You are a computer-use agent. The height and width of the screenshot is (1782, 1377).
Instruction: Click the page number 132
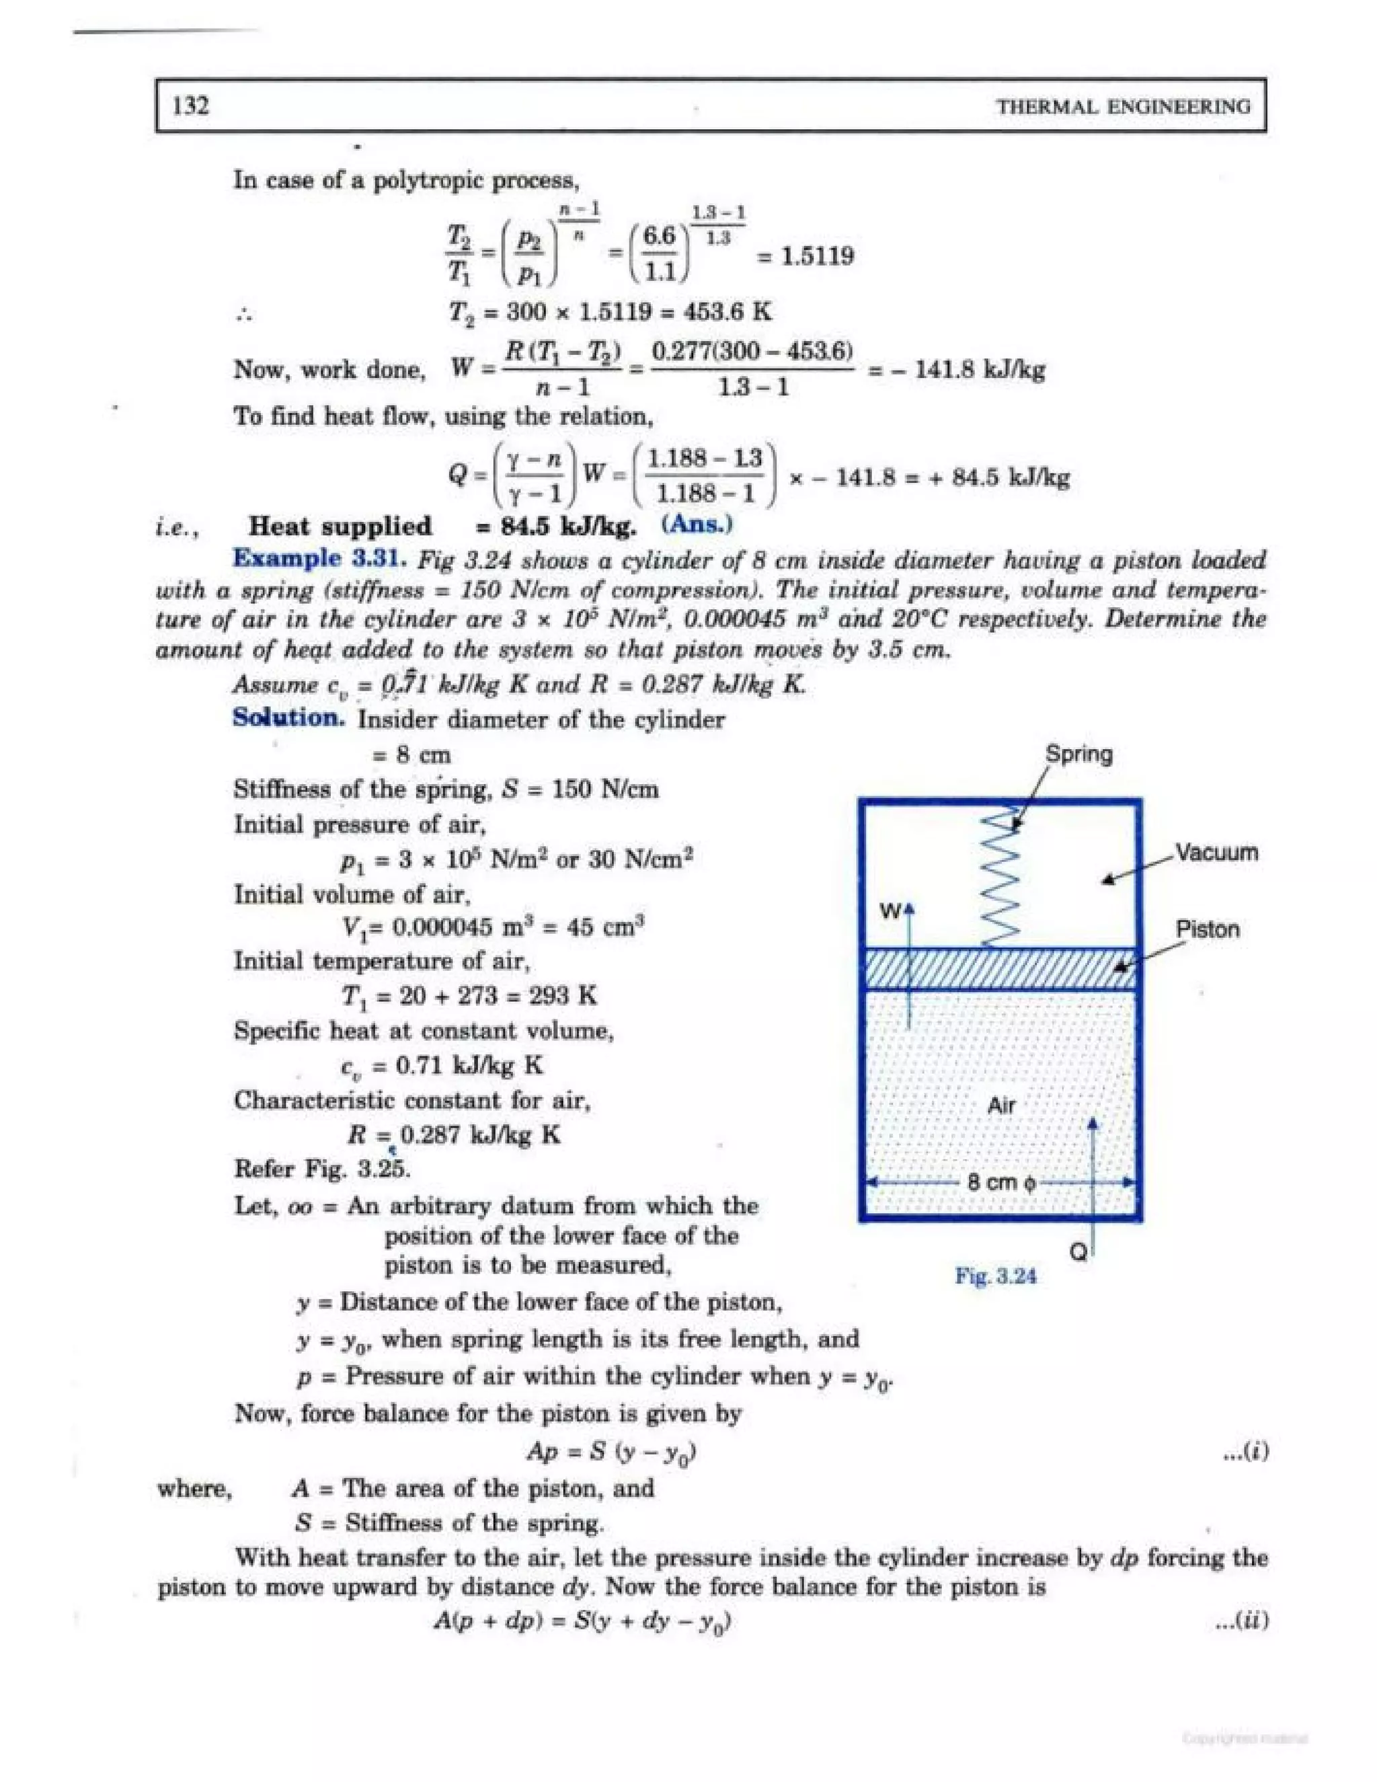tap(191, 106)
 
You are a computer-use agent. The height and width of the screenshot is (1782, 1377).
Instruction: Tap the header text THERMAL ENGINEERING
tap(1124, 107)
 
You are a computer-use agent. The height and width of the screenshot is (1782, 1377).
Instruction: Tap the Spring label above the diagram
tap(1078, 753)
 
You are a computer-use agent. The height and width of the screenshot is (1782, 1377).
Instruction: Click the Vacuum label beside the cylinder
tap(1216, 853)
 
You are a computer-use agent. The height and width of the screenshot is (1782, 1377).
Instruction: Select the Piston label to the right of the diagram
tap(1208, 929)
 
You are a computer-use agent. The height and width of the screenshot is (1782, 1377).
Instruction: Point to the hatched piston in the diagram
tap(1000, 968)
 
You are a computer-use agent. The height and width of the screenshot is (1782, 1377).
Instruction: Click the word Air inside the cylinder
tap(1001, 1106)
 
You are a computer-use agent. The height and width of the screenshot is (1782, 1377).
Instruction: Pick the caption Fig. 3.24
tap(995, 1276)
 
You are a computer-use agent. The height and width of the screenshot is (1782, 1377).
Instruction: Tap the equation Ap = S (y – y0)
tap(612, 1452)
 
